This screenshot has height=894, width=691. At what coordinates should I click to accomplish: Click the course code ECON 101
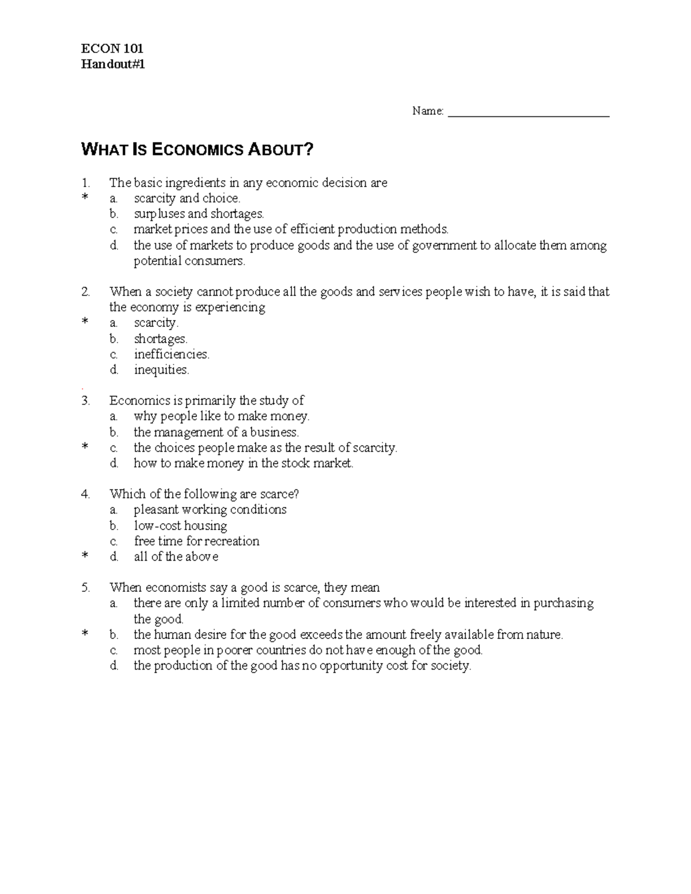point(112,48)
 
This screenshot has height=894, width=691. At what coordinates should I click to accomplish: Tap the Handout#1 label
point(113,64)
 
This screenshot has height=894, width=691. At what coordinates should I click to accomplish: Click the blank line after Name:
point(528,113)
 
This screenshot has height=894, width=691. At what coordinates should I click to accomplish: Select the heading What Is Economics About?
point(198,150)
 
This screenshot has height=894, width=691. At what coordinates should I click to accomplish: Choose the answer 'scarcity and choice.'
point(187,199)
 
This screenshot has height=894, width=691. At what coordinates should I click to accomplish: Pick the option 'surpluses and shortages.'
point(199,214)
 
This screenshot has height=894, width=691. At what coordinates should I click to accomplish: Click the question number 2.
point(86,292)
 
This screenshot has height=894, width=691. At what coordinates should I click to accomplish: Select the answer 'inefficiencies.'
point(172,354)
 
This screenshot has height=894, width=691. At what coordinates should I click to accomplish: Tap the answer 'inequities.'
point(161,370)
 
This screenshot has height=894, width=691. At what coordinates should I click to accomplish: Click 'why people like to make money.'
point(221,416)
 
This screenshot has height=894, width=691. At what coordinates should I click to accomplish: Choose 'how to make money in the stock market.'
point(243,463)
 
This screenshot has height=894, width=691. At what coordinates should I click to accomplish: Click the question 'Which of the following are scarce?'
point(204,494)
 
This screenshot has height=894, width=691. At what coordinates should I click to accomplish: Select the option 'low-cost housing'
point(180,526)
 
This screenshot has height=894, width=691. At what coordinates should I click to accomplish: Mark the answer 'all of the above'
point(176,557)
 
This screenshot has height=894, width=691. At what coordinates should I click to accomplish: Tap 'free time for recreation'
point(196,541)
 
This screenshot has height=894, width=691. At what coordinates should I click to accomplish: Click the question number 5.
point(86,588)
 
